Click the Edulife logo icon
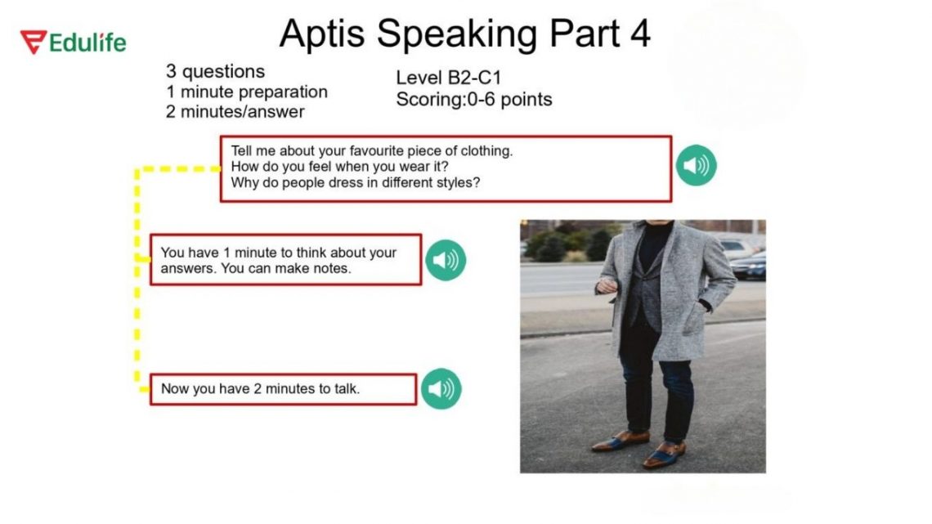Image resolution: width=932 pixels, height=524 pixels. coord(34,42)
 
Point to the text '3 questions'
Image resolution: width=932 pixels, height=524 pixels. coord(215,71)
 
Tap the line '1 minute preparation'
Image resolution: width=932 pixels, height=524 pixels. coord(246,92)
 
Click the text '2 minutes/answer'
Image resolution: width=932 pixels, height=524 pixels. coord(235,112)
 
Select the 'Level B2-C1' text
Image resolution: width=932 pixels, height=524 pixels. coord(448,78)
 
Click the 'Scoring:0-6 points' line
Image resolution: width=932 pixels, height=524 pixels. coord(473,100)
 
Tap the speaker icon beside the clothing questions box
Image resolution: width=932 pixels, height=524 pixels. coord(696,166)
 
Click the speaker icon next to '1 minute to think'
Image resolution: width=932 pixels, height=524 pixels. coord(445,260)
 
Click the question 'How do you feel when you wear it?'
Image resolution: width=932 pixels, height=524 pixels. coord(338,167)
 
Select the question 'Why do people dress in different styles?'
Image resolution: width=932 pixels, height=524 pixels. coord(355,182)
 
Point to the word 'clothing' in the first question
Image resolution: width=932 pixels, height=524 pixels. coord(486,151)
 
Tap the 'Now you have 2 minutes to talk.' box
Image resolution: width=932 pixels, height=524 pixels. coord(283,389)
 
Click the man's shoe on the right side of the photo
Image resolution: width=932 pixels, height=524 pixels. coord(664,454)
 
